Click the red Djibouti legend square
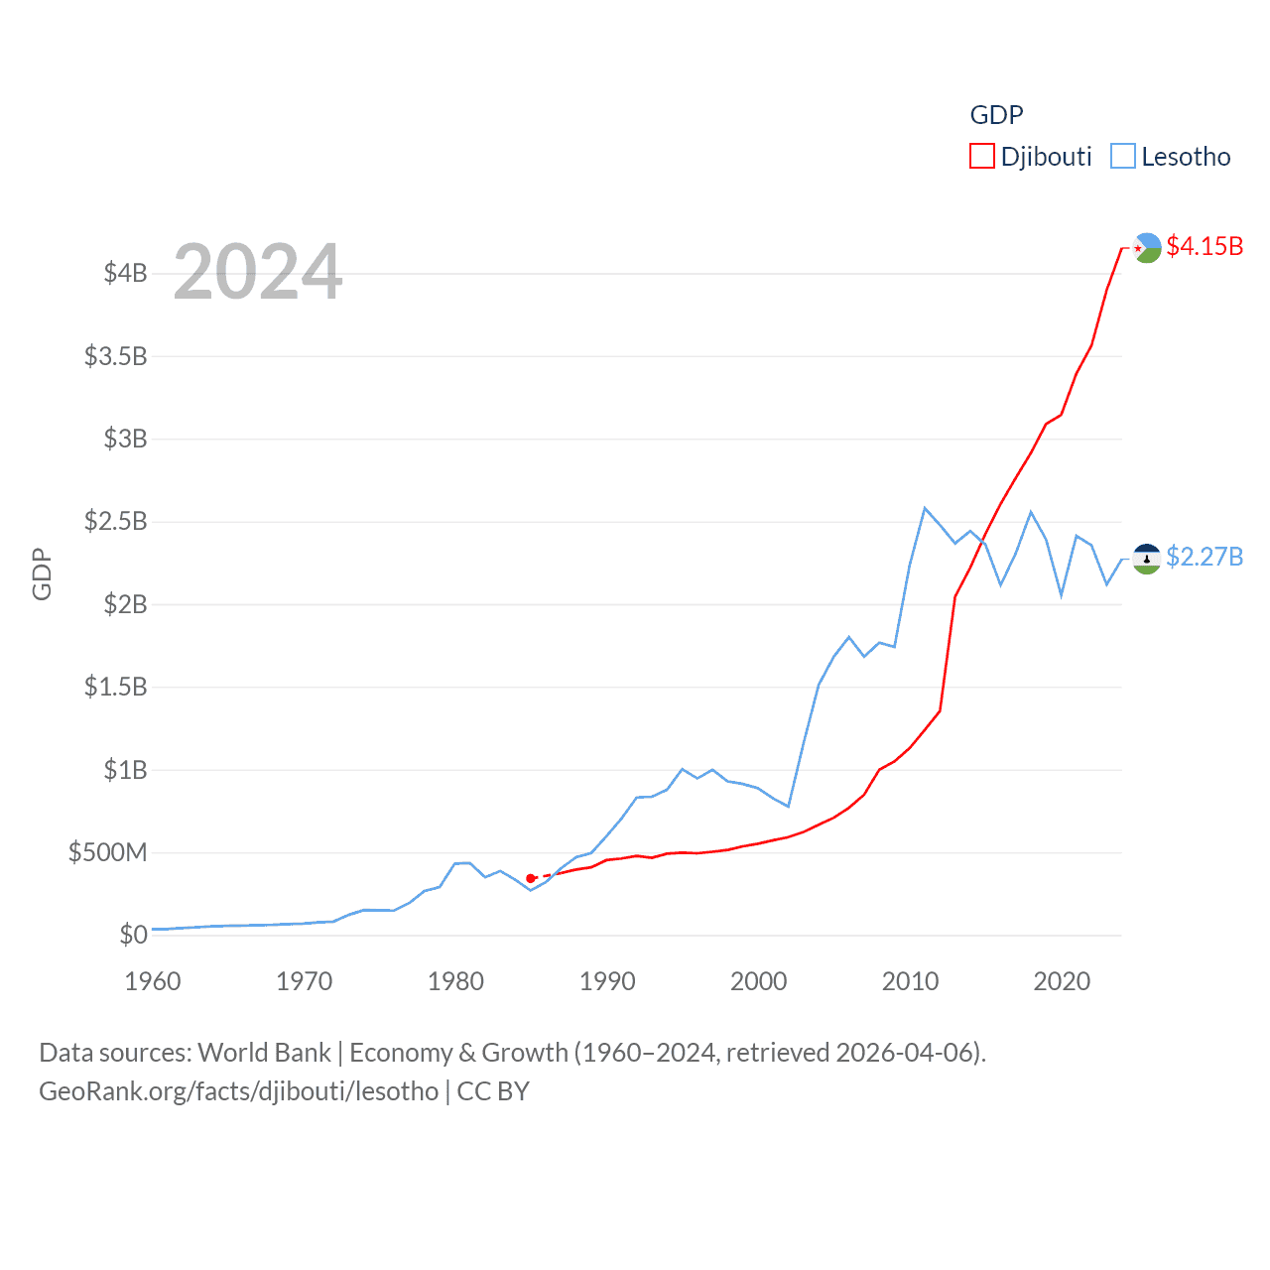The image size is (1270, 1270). pyautogui.click(x=981, y=157)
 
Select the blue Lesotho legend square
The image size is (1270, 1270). pyautogui.click(x=1122, y=157)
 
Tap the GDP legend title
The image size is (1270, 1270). pyautogui.click(x=996, y=115)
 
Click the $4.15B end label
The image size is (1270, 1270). pyautogui.click(x=1204, y=246)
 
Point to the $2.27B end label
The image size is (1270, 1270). pyautogui.click(x=1204, y=557)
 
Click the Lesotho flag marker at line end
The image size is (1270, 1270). pyautogui.click(x=1147, y=559)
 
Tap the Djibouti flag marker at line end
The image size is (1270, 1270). pyautogui.click(x=1147, y=247)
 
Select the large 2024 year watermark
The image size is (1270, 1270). pyautogui.click(x=258, y=272)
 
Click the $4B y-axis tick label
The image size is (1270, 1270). pyautogui.click(x=125, y=273)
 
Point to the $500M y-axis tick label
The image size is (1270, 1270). pyautogui.click(x=107, y=852)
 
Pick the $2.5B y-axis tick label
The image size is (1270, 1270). pyautogui.click(x=115, y=521)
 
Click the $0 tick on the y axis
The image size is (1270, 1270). pyautogui.click(x=133, y=935)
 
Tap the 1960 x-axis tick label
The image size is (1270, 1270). pyautogui.click(x=153, y=981)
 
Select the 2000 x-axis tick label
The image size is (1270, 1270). pyautogui.click(x=758, y=981)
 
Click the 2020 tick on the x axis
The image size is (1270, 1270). pyautogui.click(x=1062, y=981)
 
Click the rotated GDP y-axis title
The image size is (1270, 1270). pyautogui.click(x=42, y=573)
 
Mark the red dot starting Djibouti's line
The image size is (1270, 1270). pyautogui.click(x=531, y=878)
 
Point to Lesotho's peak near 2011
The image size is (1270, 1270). pyautogui.click(x=925, y=508)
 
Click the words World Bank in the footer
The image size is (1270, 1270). pyautogui.click(x=264, y=1053)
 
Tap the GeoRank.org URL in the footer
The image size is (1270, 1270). pyautogui.click(x=238, y=1091)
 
